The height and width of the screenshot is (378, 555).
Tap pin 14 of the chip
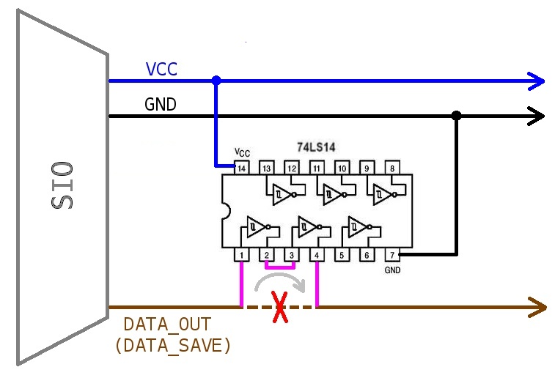coord(241,168)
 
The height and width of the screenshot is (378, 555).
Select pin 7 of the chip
coord(392,255)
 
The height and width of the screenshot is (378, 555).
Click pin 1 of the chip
coord(241,255)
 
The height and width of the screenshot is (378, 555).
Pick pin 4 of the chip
coord(317,255)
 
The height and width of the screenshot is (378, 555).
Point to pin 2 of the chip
coord(267,255)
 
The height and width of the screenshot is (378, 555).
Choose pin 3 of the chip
coord(292,255)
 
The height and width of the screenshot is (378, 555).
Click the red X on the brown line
coord(279,307)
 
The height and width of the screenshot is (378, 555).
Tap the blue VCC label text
coord(161,70)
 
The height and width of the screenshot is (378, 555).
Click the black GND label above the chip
coord(161,105)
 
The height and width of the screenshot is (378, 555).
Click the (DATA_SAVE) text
coord(173,345)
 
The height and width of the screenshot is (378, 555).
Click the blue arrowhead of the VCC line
coord(537,80)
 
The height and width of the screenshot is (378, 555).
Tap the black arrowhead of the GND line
coord(537,116)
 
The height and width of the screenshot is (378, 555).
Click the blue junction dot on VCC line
coord(216,80)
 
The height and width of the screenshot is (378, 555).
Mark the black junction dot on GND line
coord(456,116)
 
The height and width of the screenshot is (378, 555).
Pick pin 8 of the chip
coord(392,168)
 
